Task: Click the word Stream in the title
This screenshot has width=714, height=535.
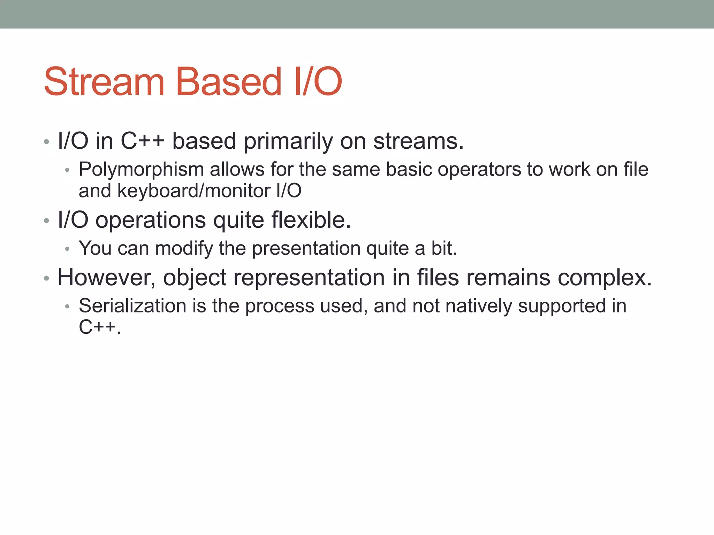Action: point(104,82)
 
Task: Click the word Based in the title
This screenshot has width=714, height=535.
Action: point(228,82)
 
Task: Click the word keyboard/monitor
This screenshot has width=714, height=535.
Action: point(193,191)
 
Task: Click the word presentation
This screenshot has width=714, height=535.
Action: point(306,249)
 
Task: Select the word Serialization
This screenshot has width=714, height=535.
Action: point(132,306)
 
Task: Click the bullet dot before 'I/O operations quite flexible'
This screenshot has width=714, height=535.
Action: point(46,221)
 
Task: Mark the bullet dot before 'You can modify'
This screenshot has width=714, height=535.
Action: point(68,249)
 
